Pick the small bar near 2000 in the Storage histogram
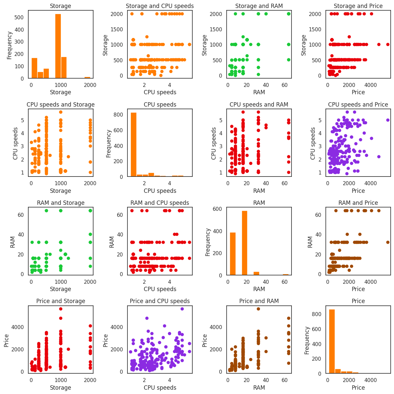[x=87, y=78]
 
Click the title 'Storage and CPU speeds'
[x=160, y=6]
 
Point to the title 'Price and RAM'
[x=259, y=301]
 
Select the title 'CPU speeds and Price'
[x=358, y=105]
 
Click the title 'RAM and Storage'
[x=61, y=203]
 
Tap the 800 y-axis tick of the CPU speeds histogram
[x=120, y=115]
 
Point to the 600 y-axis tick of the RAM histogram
[x=220, y=209]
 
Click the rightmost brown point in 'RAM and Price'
[x=388, y=242]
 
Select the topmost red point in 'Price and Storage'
[x=61, y=309]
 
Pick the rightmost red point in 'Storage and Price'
[x=388, y=44]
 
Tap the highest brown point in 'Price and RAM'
[x=258, y=309]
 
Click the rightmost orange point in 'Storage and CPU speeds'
[x=189, y=44]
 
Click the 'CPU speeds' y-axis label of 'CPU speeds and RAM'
[x=214, y=143]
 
